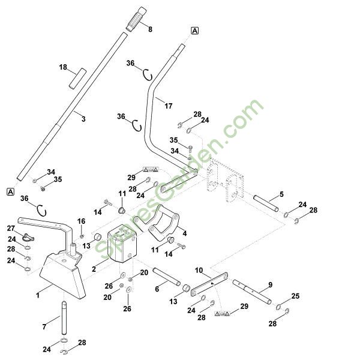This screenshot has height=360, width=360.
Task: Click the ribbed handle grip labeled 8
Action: (x=136, y=19)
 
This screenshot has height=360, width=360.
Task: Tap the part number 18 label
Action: (x=63, y=67)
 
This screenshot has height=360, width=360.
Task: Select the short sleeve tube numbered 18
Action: (x=77, y=78)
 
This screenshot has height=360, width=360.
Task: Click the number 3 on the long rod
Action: (x=83, y=119)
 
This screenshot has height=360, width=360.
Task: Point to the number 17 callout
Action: (x=169, y=106)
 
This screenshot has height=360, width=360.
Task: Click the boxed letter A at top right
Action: (x=194, y=31)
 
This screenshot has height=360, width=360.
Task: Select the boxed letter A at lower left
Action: (x=11, y=191)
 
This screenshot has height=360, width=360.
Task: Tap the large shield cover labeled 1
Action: (x=62, y=276)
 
